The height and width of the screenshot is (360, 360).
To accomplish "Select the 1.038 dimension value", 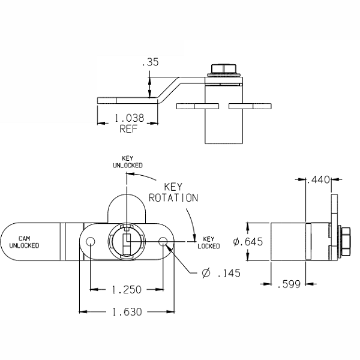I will pyautogui.click(x=128, y=119).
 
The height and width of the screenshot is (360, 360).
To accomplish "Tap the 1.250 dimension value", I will pyautogui.click(x=127, y=290).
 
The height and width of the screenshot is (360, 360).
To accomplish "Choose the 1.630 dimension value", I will pyautogui.click(x=127, y=311).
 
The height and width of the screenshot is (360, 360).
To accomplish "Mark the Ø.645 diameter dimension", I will pyautogui.click(x=248, y=242).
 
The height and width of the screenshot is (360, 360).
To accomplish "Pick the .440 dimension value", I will pyautogui.click(x=318, y=179).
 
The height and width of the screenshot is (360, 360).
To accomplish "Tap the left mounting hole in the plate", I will pyautogui.click(x=90, y=242).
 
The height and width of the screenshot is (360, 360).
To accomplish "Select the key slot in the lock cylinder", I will pyautogui.click(x=125, y=242).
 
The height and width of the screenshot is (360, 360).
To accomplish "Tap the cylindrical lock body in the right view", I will pyautogui.click(x=288, y=242).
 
